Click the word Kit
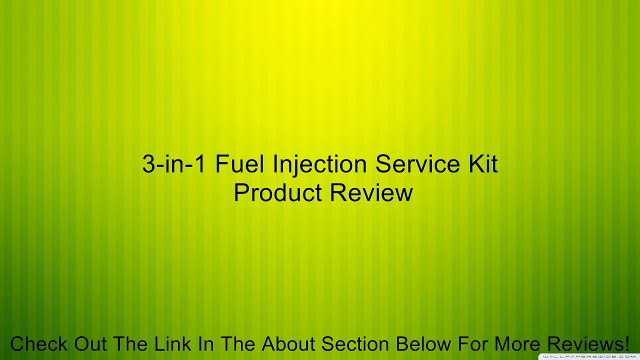pyautogui.click(x=479, y=164)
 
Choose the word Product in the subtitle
pyautogui.click(x=276, y=192)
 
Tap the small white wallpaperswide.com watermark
pyautogui.click(x=590, y=355)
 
